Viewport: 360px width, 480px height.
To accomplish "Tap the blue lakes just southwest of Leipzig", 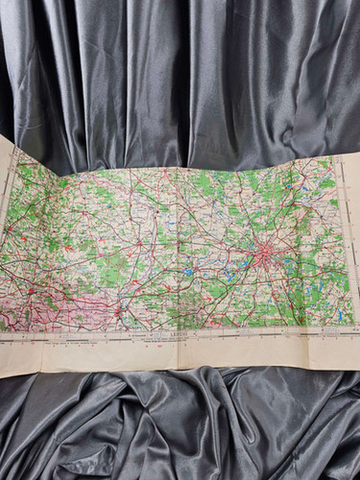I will tap(230, 274).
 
